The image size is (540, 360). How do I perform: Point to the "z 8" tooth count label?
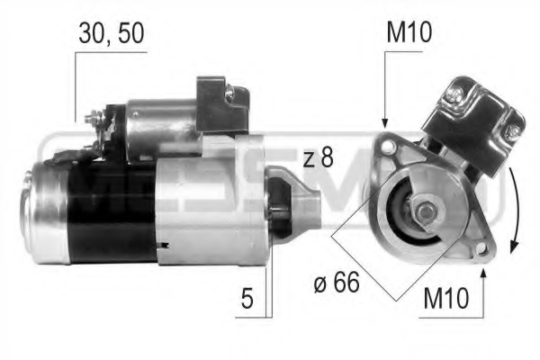pos(318,159)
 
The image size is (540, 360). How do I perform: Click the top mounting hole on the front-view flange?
pos(386,143)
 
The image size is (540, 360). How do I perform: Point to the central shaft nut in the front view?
pos(423,213)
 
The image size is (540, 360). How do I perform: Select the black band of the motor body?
pos(112,211)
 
